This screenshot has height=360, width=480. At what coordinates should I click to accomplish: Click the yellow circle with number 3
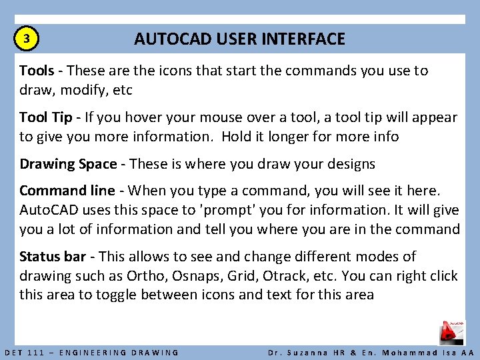(x=26, y=39)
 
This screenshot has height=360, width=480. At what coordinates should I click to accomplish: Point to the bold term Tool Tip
(x=45, y=118)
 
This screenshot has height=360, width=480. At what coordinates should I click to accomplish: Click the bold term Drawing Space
(x=67, y=164)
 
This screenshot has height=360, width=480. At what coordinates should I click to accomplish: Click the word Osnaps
(x=201, y=275)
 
